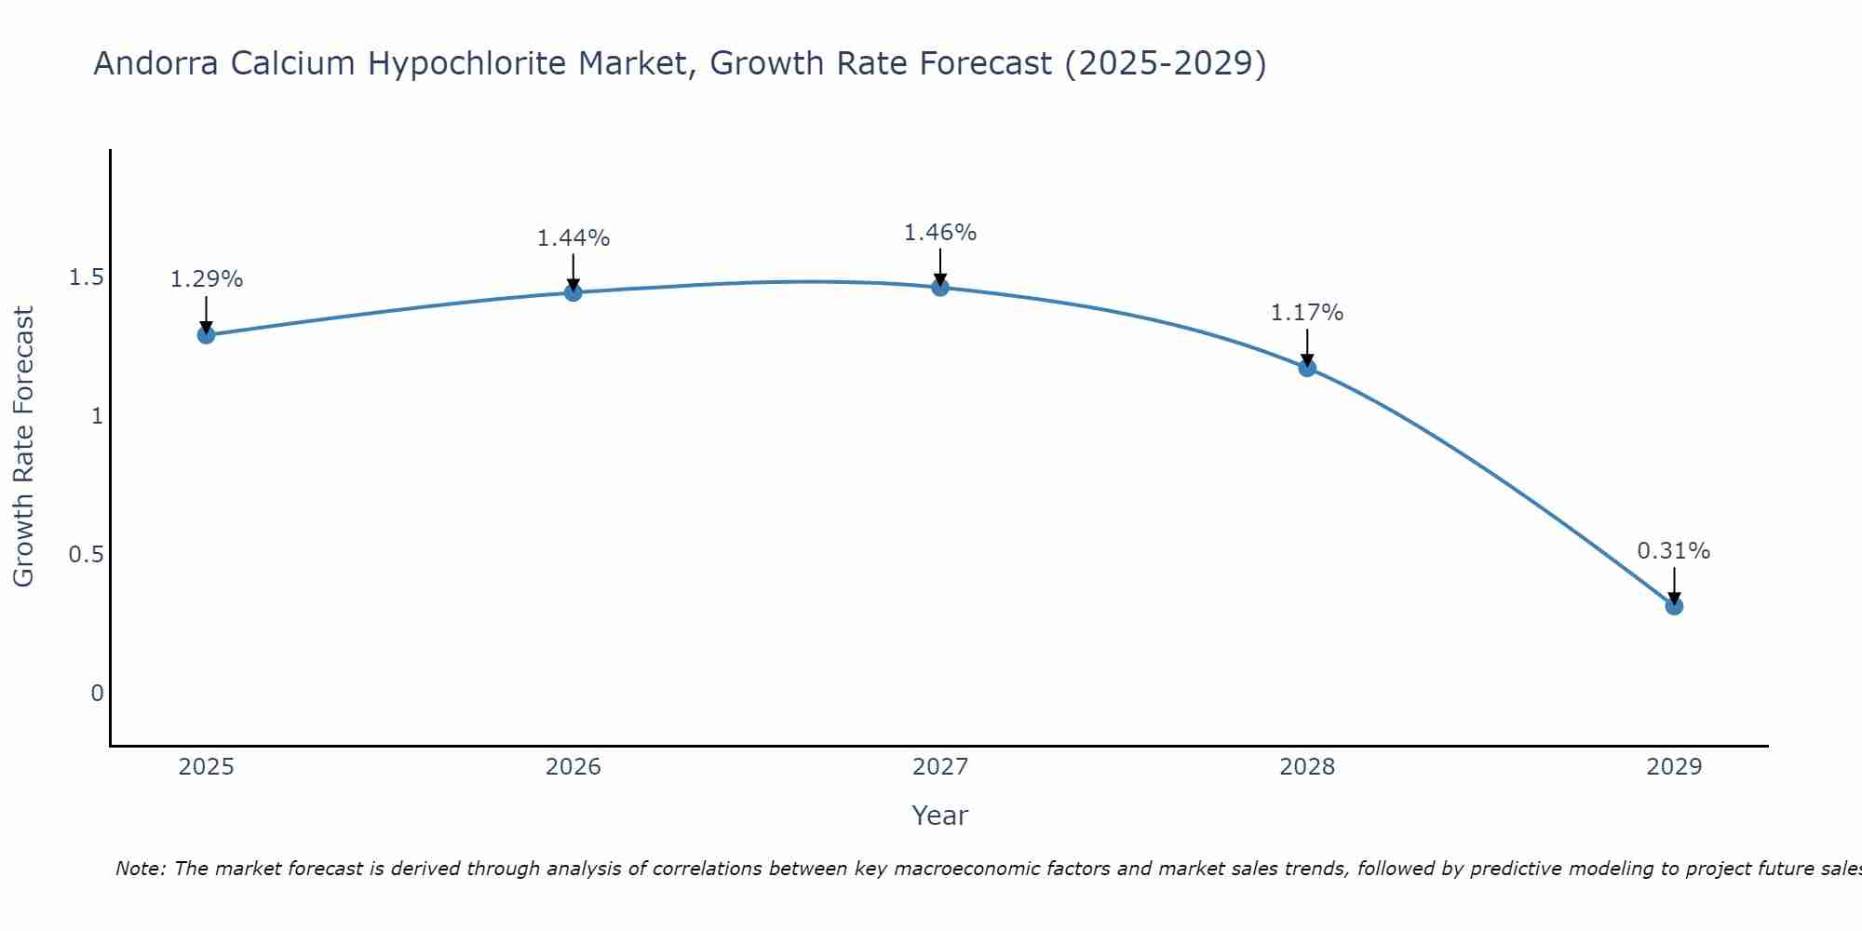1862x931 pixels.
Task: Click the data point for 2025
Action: tap(206, 335)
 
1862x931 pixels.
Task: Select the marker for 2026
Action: tap(573, 292)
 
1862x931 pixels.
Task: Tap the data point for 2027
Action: tap(940, 287)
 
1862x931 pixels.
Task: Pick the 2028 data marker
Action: tap(1307, 368)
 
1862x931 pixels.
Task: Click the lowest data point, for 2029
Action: tap(1674, 606)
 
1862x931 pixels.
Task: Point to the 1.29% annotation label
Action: tap(206, 279)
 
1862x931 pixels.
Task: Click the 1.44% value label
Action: tap(573, 238)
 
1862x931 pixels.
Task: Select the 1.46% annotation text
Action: tap(940, 233)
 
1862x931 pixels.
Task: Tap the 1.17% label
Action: tap(1307, 313)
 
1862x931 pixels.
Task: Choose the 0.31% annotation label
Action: tap(1674, 551)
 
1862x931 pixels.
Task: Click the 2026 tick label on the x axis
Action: tap(573, 767)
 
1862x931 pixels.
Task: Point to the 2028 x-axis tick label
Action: tap(1307, 767)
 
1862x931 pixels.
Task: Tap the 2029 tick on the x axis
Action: tap(1674, 767)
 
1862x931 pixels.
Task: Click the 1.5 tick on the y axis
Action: tap(86, 277)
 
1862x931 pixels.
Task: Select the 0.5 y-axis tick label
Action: tap(86, 555)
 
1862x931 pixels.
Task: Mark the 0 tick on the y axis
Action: tap(97, 694)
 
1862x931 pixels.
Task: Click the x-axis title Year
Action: tap(940, 816)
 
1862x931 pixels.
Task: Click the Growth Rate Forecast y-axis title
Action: tap(23, 447)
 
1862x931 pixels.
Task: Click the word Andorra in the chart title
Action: tap(157, 63)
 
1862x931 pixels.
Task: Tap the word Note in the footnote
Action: tap(140, 869)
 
